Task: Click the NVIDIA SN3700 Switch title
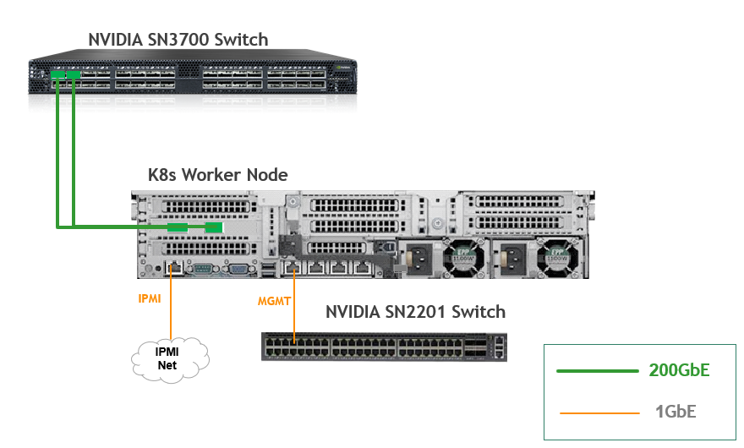coord(178,39)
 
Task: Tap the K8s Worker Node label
coord(218,175)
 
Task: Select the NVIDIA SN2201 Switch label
coord(415,312)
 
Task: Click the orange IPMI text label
coord(149,299)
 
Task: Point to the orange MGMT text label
coord(274,300)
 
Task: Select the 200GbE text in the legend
coord(680,370)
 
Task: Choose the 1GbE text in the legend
coord(676,412)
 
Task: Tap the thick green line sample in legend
coord(597,370)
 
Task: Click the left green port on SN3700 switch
coord(57,76)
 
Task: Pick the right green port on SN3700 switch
coord(74,76)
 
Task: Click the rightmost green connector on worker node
coord(214,227)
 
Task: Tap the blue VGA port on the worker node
coord(239,268)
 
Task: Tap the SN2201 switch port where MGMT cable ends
coord(293,341)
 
